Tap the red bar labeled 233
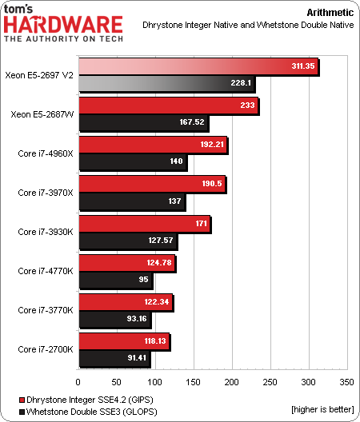point(168,105)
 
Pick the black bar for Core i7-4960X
point(132,161)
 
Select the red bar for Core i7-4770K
point(126,262)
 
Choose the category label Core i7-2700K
point(46,348)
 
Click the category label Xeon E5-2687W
point(42,113)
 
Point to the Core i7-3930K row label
point(46,231)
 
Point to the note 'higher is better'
point(321,410)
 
